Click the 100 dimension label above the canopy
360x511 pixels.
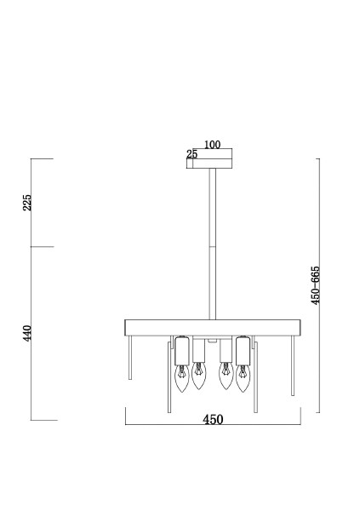coord(213,145)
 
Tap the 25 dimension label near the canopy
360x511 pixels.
coord(192,154)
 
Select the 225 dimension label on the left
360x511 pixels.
coord(27,203)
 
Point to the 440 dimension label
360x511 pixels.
coord(27,333)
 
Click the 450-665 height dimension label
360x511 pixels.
coord(316,285)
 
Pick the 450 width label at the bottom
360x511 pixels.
coord(213,419)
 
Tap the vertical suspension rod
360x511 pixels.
coord(213,244)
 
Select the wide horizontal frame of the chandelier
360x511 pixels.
coord(213,328)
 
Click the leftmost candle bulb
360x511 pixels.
coord(182,378)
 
